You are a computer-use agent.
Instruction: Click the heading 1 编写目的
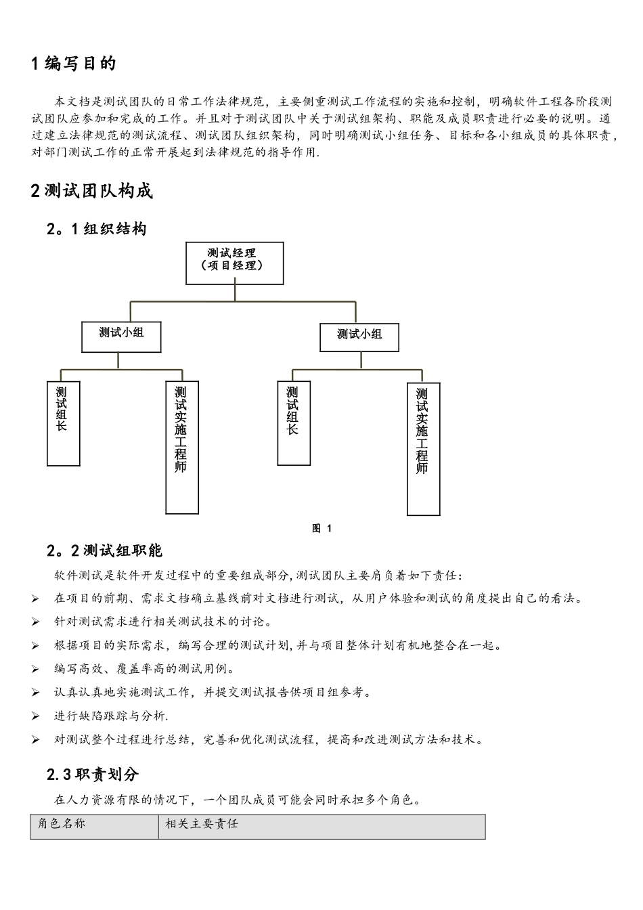click(74, 64)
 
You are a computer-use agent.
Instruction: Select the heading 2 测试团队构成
click(92, 191)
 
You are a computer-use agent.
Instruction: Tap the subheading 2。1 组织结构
click(97, 229)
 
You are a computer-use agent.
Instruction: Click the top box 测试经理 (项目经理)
click(234, 263)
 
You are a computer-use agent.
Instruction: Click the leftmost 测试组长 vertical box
click(64, 423)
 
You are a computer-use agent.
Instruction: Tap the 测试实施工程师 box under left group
click(182, 448)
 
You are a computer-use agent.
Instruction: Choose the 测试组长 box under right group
click(294, 423)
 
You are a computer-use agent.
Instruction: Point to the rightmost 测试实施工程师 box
click(423, 449)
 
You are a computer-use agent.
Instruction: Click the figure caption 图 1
click(321, 529)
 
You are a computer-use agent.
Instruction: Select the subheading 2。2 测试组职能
click(104, 550)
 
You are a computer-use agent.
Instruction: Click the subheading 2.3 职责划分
click(93, 774)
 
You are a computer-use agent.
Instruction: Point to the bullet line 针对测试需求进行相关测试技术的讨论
click(162, 622)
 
